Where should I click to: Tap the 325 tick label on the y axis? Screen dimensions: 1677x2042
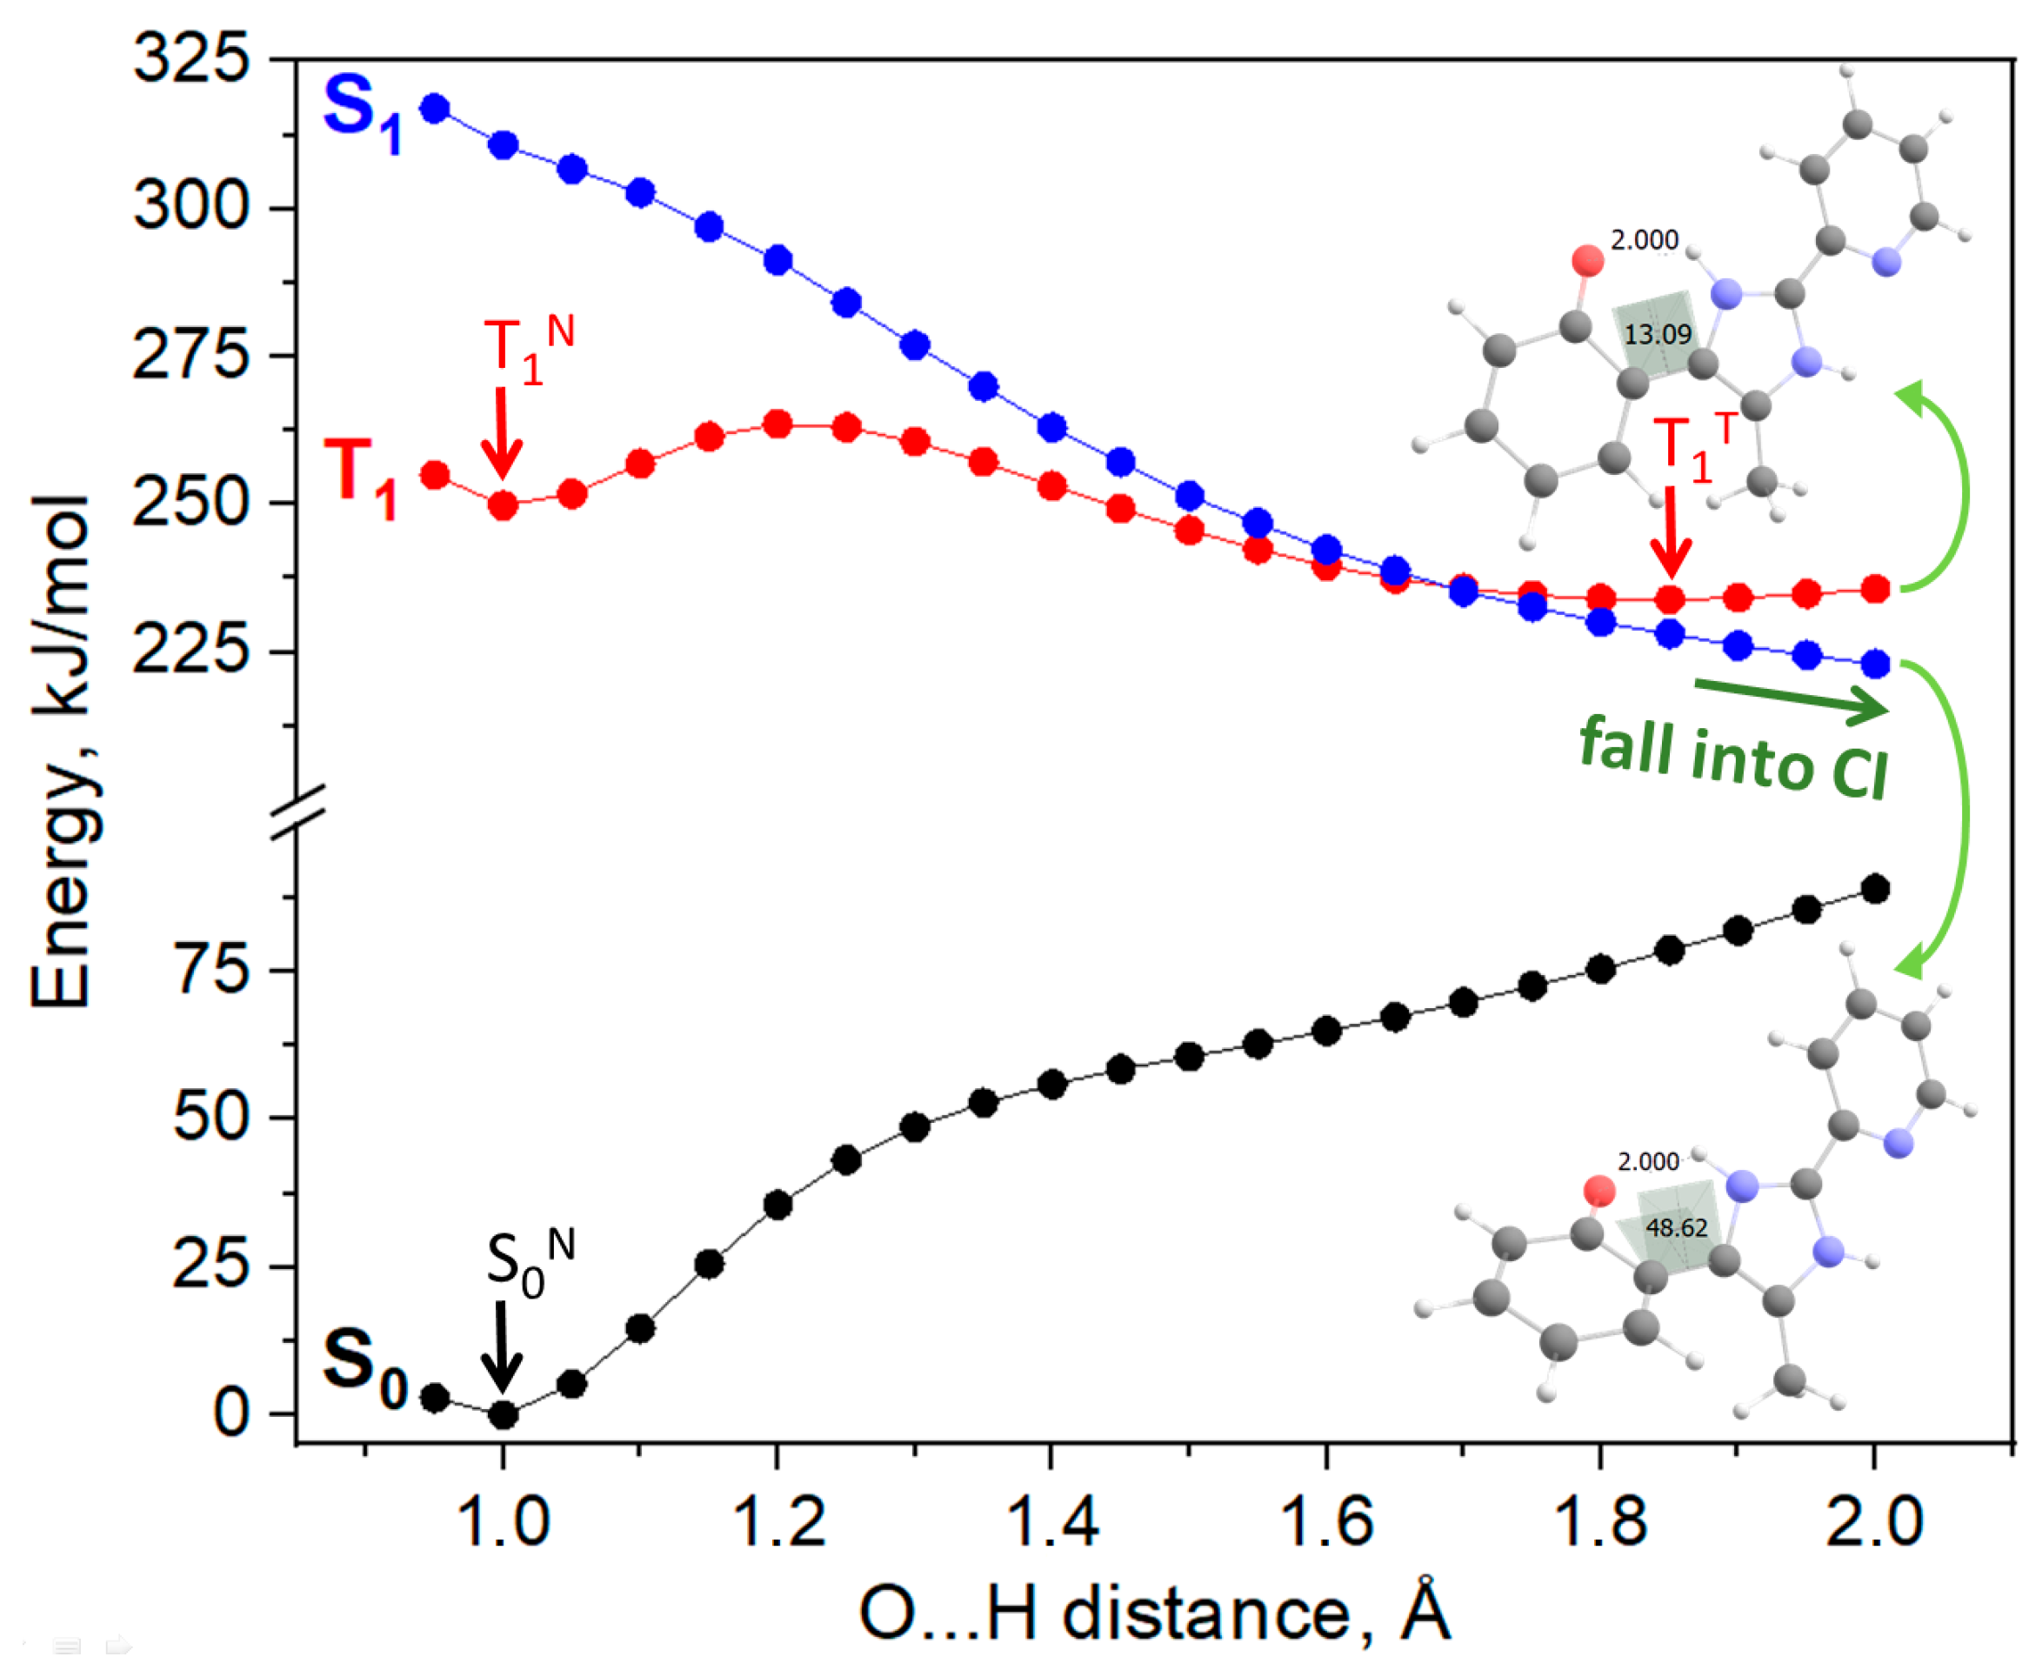pos(190,60)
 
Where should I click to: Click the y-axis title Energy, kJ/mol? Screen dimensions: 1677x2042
pos(62,751)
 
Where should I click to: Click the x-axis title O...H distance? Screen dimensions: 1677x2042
pos(1155,1614)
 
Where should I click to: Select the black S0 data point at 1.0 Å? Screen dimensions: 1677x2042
pos(503,1415)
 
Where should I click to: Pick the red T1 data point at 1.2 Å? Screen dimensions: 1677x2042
pos(777,424)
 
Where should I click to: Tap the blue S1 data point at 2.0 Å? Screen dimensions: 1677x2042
pos(1875,664)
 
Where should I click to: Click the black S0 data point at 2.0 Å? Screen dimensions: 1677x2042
pos(1875,889)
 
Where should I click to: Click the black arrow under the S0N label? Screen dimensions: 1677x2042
pos(501,1346)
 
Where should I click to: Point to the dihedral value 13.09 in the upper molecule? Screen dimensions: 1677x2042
pos(1658,335)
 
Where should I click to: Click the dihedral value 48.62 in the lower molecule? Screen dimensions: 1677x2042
pos(1677,1228)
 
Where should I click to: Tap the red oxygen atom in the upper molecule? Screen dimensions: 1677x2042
pos(1587,261)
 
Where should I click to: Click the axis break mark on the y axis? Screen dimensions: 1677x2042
pos(297,812)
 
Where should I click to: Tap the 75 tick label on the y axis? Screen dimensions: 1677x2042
pos(211,970)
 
